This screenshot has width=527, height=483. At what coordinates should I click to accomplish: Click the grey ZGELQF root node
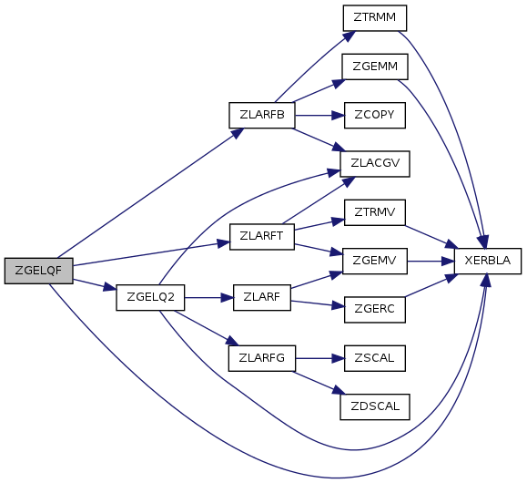click(x=38, y=271)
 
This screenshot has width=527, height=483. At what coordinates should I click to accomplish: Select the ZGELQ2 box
click(x=150, y=297)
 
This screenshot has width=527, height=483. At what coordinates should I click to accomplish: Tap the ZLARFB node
click(x=262, y=115)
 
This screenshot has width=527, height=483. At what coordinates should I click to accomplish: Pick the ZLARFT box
click(x=262, y=237)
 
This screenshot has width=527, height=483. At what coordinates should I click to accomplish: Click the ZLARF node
click(x=262, y=297)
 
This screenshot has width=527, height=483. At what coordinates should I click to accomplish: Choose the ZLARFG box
click(x=262, y=358)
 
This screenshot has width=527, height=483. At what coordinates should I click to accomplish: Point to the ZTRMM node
click(x=375, y=18)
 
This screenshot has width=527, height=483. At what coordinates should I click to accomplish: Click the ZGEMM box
click(x=375, y=67)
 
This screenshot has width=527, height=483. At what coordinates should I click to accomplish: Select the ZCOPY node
click(x=375, y=115)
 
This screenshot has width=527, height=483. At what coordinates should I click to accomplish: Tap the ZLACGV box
click(x=375, y=163)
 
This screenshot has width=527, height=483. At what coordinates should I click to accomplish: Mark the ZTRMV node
click(x=375, y=212)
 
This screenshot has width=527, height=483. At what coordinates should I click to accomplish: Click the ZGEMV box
click(x=375, y=261)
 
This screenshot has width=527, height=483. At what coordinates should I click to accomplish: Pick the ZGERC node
click(x=375, y=309)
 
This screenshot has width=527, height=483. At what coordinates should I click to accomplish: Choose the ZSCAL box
click(x=375, y=358)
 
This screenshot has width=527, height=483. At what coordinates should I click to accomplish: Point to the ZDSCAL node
click(x=375, y=406)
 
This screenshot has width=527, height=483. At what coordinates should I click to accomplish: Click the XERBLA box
click(x=488, y=261)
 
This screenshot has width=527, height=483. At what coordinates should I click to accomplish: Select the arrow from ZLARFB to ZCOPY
click(x=319, y=116)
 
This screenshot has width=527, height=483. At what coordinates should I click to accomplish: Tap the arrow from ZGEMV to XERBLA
click(x=431, y=261)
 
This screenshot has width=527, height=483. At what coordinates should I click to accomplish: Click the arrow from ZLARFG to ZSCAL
click(x=320, y=358)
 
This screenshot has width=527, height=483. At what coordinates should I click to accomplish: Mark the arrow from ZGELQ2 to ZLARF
click(x=208, y=298)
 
